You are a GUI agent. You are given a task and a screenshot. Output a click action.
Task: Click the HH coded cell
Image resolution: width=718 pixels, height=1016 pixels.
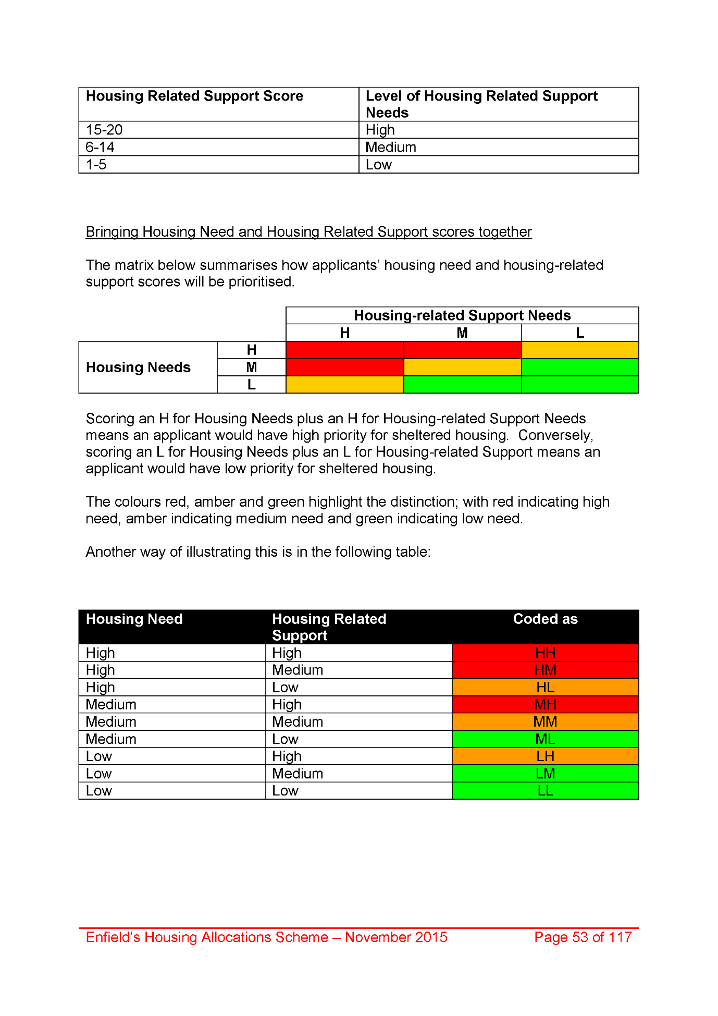pos(545,653)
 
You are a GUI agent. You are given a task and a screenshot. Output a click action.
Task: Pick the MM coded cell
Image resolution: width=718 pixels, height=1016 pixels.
pos(545,721)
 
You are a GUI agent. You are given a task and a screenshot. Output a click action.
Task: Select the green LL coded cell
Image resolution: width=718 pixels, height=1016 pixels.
pos(545,791)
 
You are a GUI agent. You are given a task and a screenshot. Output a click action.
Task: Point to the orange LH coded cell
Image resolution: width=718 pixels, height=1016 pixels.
pos(545,756)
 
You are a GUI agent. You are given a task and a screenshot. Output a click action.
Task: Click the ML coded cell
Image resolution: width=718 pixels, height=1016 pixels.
pos(545,739)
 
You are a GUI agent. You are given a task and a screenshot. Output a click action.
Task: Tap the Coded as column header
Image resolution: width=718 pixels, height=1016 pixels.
pos(545,619)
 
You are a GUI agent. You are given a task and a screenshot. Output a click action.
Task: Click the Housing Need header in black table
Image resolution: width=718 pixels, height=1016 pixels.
pos(134,619)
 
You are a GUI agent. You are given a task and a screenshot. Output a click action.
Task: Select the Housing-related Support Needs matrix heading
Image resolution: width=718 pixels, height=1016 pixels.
pos(462,315)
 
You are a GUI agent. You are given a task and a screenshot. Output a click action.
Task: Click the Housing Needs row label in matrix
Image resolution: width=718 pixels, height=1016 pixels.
pos(139,368)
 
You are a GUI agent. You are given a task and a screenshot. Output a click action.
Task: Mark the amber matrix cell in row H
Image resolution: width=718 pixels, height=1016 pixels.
pos(580,350)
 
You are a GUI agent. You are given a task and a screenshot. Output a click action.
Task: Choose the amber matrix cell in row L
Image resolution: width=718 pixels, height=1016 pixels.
pos(345,385)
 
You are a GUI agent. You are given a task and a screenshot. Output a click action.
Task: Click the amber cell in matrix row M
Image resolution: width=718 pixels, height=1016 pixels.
pos(462,368)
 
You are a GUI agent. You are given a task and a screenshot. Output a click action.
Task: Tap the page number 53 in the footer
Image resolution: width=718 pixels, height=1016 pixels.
pos(583,937)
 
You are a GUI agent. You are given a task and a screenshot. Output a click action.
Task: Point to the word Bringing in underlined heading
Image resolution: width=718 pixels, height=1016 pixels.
pos(112,232)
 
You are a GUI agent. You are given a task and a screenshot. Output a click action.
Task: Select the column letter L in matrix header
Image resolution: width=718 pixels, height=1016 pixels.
pos(580,333)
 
